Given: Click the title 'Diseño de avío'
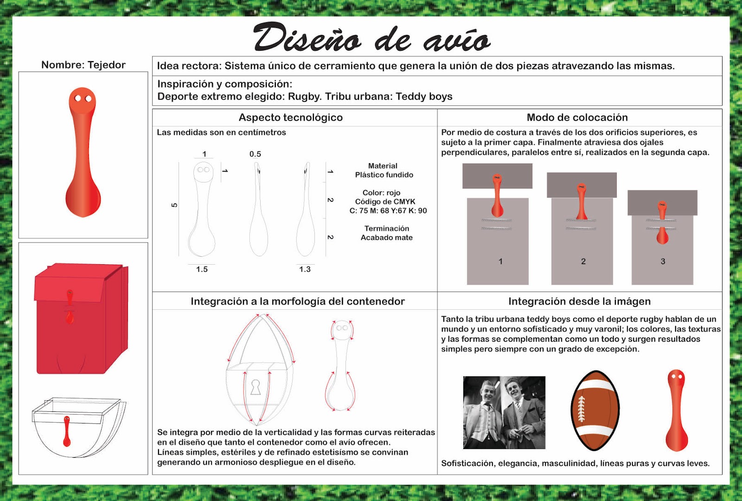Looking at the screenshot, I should click(x=371, y=38).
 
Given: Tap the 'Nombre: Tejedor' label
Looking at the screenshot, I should click(x=83, y=65).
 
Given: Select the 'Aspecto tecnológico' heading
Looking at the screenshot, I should click(x=291, y=117).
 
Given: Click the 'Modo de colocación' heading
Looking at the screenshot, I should click(x=577, y=117).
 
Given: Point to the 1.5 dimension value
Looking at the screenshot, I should click(x=202, y=269).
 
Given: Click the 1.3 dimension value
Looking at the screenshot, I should click(x=305, y=269).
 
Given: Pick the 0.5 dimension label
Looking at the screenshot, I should click(x=255, y=154).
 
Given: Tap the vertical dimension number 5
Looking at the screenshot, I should click(x=174, y=205).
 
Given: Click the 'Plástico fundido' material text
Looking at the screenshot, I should click(x=384, y=175).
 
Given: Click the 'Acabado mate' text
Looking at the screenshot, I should click(x=386, y=238).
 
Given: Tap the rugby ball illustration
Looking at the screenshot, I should click(x=595, y=410).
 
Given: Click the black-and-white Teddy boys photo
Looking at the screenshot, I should click(x=504, y=412).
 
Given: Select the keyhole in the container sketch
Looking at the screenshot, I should click(x=256, y=387).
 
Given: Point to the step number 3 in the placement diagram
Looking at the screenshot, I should click(x=663, y=261).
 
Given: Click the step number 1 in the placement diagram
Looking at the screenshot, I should click(x=500, y=261).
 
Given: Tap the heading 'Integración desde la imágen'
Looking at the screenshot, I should click(x=579, y=301).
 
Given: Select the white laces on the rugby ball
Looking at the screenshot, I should click(x=581, y=409).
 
